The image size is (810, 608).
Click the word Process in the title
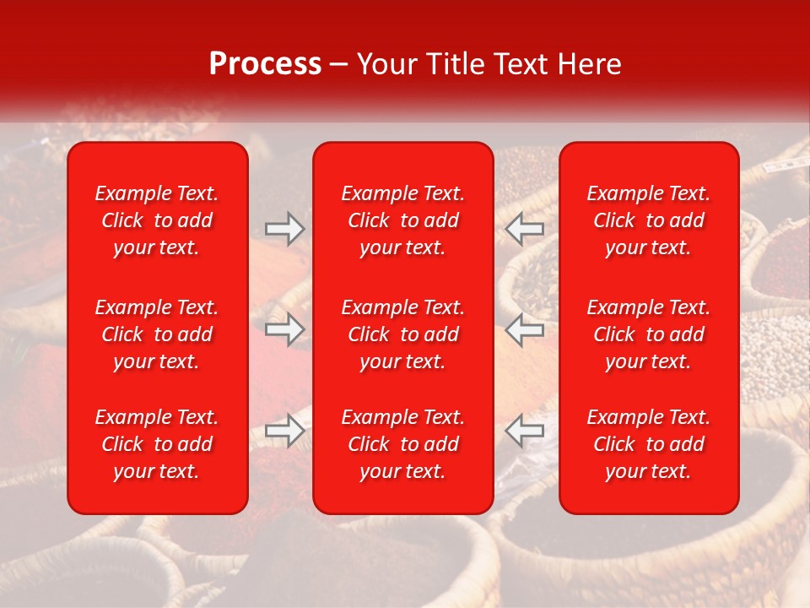tap(265, 64)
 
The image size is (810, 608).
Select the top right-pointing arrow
tap(285, 229)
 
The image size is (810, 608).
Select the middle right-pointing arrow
tap(285, 329)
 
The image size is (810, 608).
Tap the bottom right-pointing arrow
tap(285, 431)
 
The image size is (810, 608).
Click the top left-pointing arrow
tap(525, 229)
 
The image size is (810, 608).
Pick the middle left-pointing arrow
tap(525, 329)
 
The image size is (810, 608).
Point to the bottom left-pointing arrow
tap(525, 431)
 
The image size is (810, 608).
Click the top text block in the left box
tap(157, 220)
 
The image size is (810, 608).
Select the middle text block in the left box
tap(157, 334)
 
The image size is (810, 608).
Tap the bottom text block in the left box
tap(157, 444)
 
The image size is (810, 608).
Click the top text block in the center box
tap(403, 220)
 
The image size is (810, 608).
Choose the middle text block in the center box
tap(403, 334)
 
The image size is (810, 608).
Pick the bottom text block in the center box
tap(403, 444)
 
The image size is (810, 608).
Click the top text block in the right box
tap(649, 220)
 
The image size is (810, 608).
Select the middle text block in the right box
tap(649, 334)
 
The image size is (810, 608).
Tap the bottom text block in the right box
tap(649, 444)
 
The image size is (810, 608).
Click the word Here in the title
tap(591, 64)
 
